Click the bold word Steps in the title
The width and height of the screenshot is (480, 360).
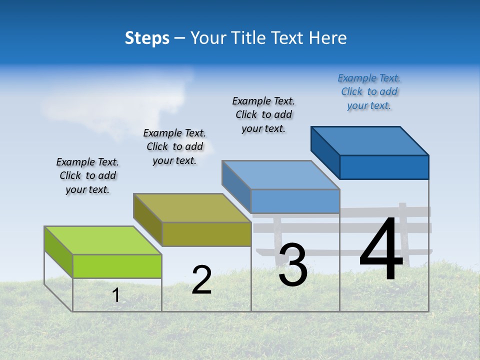[x=147, y=38]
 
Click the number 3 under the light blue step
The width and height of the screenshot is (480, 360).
[x=293, y=265]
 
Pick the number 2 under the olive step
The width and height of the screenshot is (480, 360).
[x=201, y=280]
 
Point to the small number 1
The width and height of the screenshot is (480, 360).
[x=116, y=295]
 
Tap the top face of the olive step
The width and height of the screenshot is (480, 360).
[x=192, y=207]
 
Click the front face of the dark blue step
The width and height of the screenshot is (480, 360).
[x=384, y=167]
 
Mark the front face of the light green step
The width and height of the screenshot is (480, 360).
[x=117, y=266]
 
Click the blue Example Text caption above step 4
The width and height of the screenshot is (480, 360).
[x=369, y=92]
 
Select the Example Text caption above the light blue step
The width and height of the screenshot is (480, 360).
[x=263, y=114]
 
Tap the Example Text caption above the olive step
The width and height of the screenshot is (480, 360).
[x=174, y=146]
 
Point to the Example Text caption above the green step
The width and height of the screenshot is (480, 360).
[x=87, y=175]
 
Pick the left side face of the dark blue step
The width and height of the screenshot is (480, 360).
[x=325, y=152]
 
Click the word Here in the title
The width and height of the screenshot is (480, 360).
[x=328, y=38]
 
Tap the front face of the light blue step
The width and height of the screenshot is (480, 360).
[x=295, y=201]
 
